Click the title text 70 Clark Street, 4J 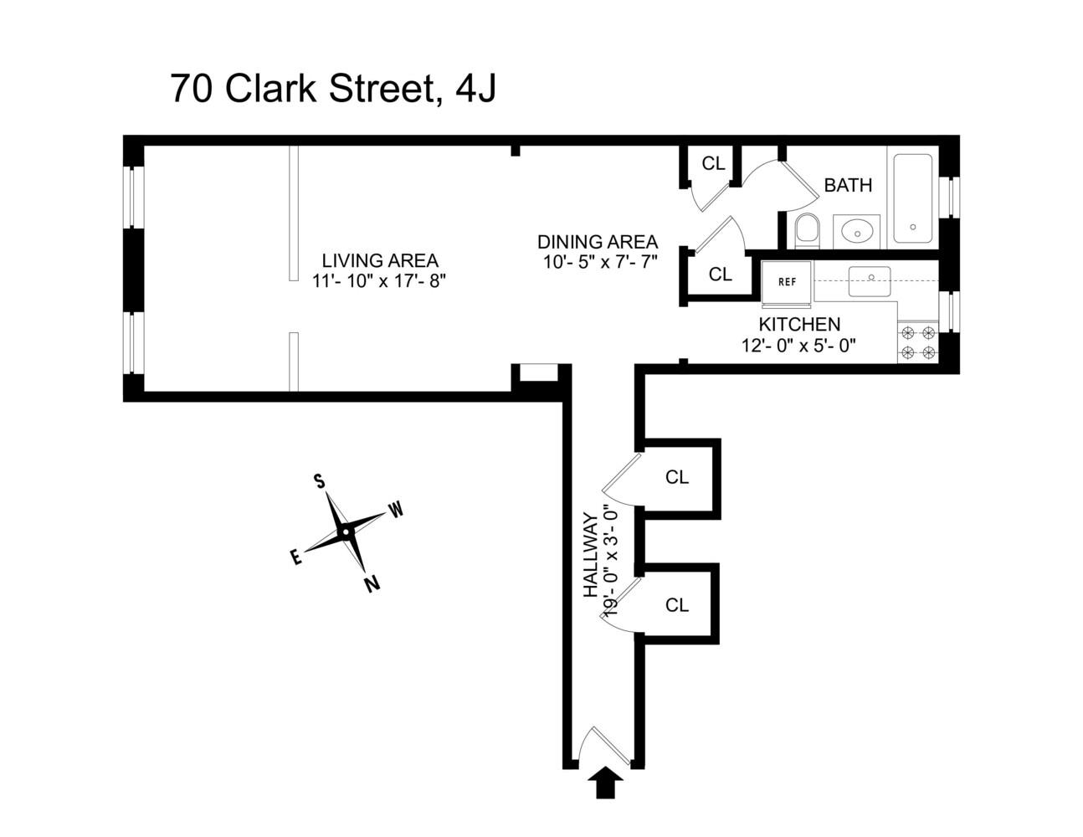(x=333, y=89)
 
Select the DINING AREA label (x=597, y=241)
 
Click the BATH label (x=848, y=185)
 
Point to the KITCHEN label (x=799, y=325)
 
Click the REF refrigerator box (x=787, y=282)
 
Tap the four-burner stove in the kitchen (x=916, y=342)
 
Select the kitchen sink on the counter (x=869, y=281)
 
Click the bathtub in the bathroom (x=912, y=198)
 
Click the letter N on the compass (x=372, y=583)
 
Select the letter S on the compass (x=319, y=480)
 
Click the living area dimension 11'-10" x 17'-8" (x=380, y=281)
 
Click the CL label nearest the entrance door (x=677, y=604)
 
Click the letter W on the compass (x=396, y=509)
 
